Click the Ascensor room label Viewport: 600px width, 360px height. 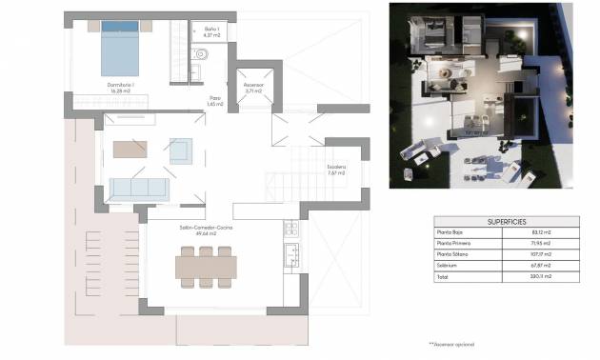(x=253, y=86)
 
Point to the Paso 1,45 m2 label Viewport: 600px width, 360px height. (x=216, y=99)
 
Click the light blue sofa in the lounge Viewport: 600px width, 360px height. (x=139, y=187)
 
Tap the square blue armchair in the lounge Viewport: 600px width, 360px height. (x=181, y=150)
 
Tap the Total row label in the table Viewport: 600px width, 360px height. (x=444, y=278)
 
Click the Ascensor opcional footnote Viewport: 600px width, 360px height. (x=451, y=343)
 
